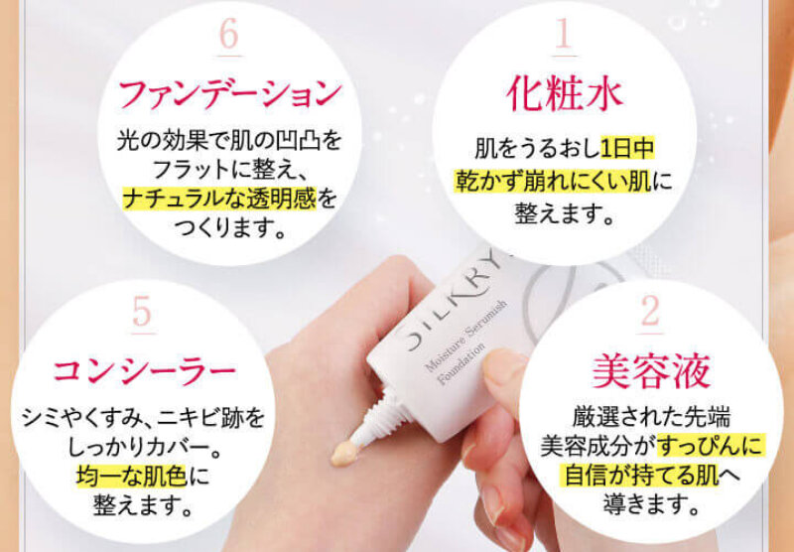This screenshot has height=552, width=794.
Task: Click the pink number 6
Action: coord(229,35)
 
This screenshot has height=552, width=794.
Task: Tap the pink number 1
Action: coord(564,34)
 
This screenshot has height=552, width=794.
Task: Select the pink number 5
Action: coord(142,312)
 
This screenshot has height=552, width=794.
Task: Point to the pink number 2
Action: coord(650,312)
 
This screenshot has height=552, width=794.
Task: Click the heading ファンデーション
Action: coord(230,94)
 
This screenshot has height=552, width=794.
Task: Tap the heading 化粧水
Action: coord(565,93)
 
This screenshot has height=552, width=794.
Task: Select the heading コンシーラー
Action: coord(144,371)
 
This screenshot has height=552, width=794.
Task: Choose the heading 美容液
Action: coord(651,371)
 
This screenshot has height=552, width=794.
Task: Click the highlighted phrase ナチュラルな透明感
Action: coord(219,198)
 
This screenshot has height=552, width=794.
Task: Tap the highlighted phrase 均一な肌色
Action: coord(132,476)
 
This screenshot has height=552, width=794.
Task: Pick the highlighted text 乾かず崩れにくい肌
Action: coord(553,180)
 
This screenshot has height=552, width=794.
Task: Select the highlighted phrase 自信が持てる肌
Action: coord(641,475)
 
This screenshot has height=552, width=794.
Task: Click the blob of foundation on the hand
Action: coord(344,453)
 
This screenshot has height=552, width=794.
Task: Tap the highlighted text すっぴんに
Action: coord(711,446)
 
